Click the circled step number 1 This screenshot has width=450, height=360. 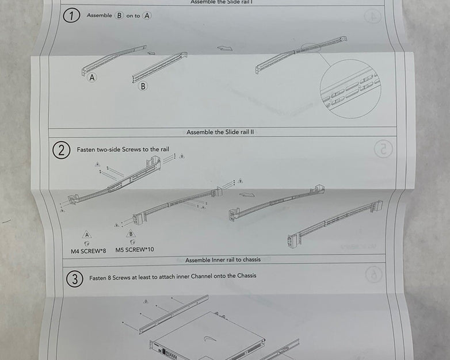(x=71, y=16)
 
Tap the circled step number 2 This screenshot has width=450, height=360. (x=62, y=150)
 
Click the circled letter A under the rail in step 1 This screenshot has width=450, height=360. (x=92, y=77)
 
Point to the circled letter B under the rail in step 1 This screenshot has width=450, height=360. (x=143, y=86)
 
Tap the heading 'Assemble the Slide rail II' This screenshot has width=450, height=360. (x=220, y=132)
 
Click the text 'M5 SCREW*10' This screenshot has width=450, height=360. (x=135, y=250)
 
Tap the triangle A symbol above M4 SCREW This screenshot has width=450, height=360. (x=86, y=235)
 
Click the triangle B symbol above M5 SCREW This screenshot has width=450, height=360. (x=131, y=234)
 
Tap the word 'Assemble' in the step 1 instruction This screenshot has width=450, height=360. (x=99, y=16)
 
